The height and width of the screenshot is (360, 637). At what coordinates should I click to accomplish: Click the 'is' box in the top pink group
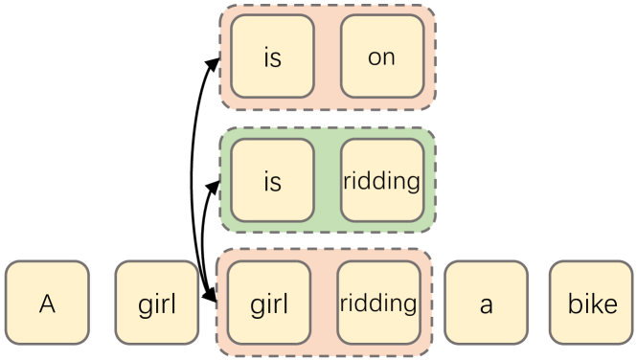(272, 56)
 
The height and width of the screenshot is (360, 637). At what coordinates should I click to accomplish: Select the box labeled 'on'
(381, 56)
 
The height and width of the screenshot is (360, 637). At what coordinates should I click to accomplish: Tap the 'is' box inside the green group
(272, 180)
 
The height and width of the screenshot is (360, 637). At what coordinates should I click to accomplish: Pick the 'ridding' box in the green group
(381, 180)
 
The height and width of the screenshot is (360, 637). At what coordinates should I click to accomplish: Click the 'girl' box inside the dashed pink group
(269, 303)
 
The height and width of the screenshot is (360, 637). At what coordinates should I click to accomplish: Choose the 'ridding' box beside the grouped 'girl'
(378, 303)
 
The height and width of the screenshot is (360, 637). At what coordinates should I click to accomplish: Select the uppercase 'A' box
(47, 303)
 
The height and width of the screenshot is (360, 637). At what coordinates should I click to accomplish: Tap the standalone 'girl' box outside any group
(157, 303)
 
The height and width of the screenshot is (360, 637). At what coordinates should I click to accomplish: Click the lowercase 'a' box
(487, 303)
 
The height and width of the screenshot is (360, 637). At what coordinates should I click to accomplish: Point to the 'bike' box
(592, 303)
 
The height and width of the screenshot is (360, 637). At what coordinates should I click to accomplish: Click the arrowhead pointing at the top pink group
(215, 61)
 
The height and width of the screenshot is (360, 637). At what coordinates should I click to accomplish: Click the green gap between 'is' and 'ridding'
(327, 180)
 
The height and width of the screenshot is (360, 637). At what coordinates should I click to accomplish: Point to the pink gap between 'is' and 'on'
(327, 56)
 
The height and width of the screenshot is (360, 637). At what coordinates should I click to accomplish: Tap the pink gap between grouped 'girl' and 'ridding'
(324, 303)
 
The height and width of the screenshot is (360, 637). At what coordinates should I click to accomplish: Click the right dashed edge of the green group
(435, 180)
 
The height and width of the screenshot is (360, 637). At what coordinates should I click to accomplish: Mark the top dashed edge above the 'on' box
(381, 6)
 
